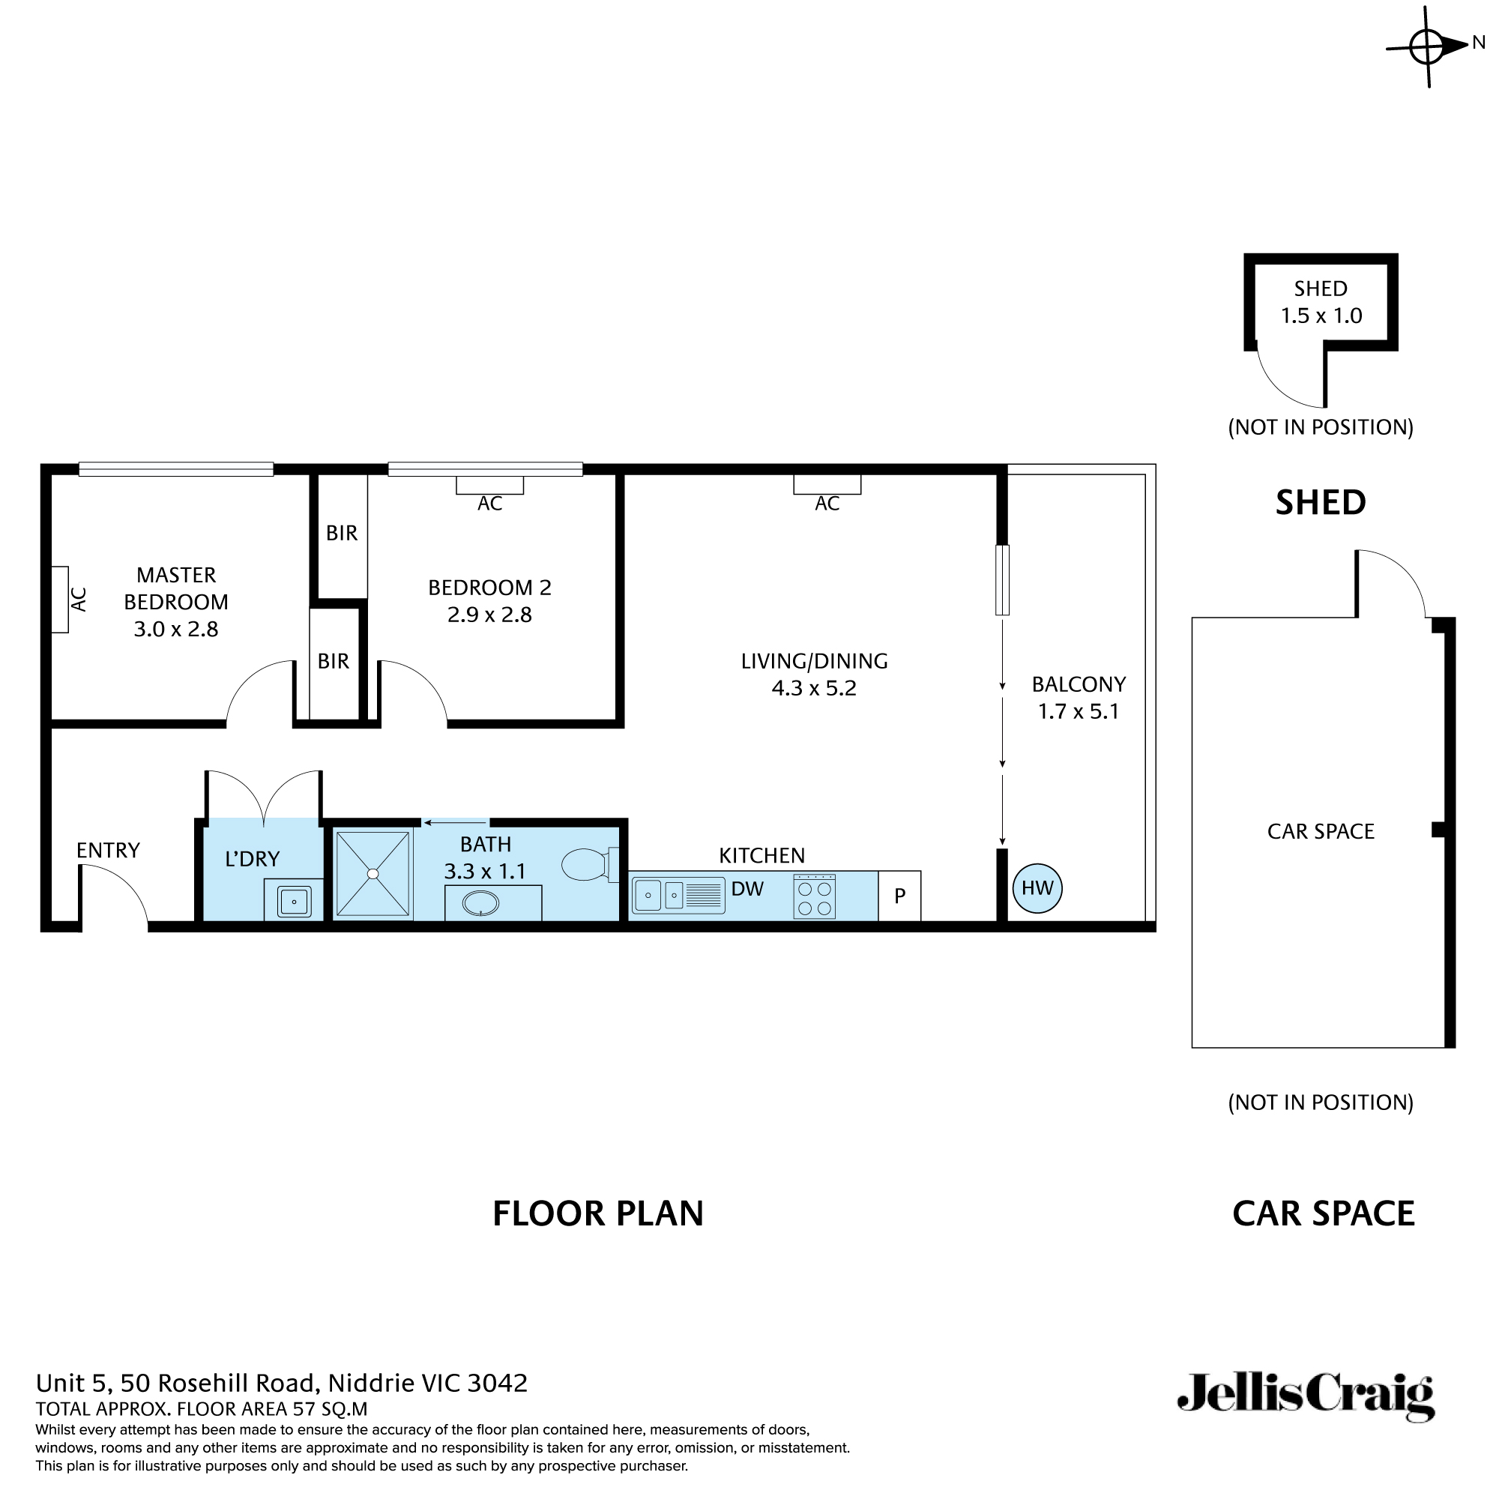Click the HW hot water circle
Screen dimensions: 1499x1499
coord(1037,888)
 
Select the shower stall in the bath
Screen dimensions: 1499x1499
coord(373,874)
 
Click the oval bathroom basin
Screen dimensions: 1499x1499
coord(480,903)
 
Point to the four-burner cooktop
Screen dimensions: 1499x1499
coord(814,897)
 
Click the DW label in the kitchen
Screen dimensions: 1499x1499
coord(747,889)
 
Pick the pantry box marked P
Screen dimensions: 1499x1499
coord(899,896)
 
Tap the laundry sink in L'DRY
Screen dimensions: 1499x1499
coord(294,902)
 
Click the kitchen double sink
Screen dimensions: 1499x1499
coord(659,896)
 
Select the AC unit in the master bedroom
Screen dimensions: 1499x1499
coord(60,600)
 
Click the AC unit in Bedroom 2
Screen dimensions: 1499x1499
coord(489,485)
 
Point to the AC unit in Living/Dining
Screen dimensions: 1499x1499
coord(827,485)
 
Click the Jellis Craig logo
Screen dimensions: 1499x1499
coord(1306,1417)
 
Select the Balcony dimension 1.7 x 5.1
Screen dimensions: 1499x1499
coord(1079,711)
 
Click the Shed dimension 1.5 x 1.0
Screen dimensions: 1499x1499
coord(1321,316)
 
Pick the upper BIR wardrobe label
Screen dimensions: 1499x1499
coord(341,533)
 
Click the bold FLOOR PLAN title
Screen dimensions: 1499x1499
coord(597,1213)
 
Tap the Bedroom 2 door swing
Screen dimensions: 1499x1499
coord(414,690)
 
